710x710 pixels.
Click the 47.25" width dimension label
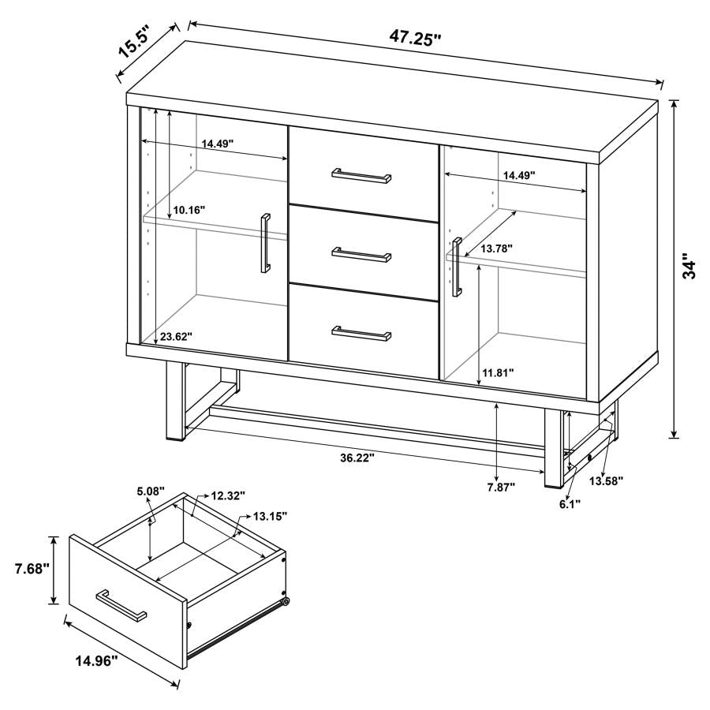413,36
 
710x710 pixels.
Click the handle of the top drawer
361,174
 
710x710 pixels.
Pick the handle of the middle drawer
361,254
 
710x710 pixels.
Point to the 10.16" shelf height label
189,211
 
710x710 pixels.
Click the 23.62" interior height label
176,337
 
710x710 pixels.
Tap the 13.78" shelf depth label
496,248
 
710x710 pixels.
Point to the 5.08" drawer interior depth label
149,491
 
